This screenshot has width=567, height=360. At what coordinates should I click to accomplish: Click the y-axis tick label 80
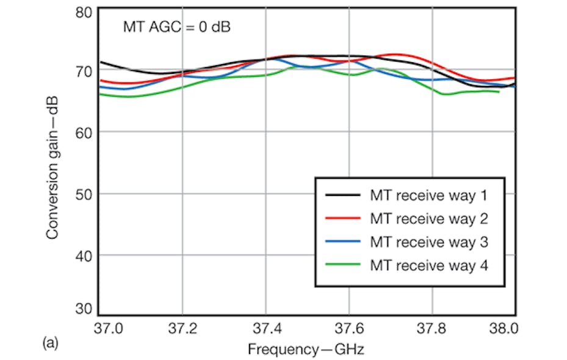pos(84,12)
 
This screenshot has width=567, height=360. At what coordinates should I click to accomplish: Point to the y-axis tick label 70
pos(84,71)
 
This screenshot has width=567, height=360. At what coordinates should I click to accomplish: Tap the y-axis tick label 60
pos(84,132)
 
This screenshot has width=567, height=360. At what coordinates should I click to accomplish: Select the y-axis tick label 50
pos(84,194)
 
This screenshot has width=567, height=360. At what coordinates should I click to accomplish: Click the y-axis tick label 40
pos(84,256)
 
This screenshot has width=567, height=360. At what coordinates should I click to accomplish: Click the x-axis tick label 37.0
pos(109,329)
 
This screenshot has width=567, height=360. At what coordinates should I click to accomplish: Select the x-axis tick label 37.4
pos(265,329)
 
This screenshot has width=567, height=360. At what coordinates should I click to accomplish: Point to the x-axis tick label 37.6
pos(349,329)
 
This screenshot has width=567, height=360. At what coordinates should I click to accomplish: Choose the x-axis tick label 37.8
pos(432,329)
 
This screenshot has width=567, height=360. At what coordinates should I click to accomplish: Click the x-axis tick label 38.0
pos(504,329)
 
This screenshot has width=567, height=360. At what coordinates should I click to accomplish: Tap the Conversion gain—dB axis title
pos(53,161)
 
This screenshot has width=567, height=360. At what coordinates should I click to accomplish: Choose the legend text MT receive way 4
pos(430,264)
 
